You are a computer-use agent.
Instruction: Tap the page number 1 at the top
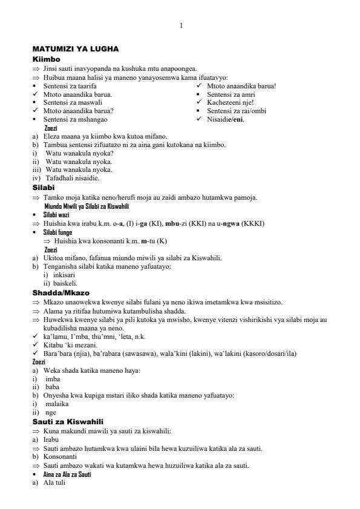[181, 25]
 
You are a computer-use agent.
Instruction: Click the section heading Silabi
[44, 188]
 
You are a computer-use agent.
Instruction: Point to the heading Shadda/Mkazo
[60, 293]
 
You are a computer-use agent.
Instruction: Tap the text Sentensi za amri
[231, 94]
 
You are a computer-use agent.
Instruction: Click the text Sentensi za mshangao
[73, 120]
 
